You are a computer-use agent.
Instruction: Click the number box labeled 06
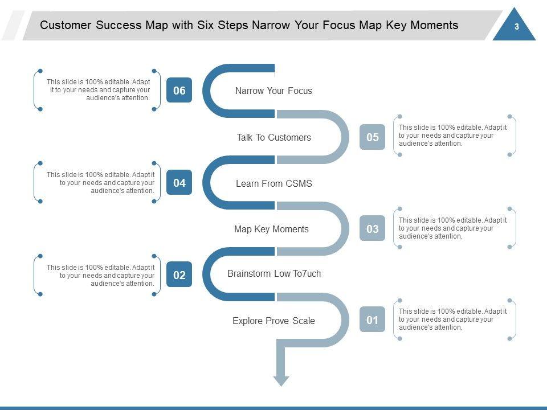pyautogui.click(x=179, y=91)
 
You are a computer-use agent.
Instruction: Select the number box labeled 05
pyautogui.click(x=372, y=137)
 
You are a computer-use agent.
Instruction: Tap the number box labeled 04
pyautogui.click(x=179, y=183)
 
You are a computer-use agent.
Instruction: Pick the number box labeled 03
pyautogui.click(x=372, y=229)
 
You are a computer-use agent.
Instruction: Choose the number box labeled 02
pyautogui.click(x=179, y=275)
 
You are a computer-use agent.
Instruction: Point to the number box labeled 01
pyautogui.click(x=372, y=320)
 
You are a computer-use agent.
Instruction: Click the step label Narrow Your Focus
pyautogui.click(x=273, y=91)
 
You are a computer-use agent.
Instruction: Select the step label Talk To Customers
pyautogui.click(x=273, y=137)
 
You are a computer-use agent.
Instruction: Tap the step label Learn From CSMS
pyautogui.click(x=273, y=183)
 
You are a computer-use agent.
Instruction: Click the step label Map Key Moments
pyautogui.click(x=271, y=229)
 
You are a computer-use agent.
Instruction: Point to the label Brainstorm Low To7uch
pyautogui.click(x=274, y=274)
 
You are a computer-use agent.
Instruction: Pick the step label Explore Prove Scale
pyautogui.click(x=273, y=321)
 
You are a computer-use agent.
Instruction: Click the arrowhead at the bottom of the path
pyautogui.click(x=281, y=380)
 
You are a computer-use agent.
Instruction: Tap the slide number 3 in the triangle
pyautogui.click(x=516, y=27)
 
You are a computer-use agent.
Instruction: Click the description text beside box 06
pyautogui.click(x=98, y=89)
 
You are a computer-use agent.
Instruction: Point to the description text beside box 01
pyautogui.click(x=452, y=319)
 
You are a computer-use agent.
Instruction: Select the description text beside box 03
pyautogui.click(x=452, y=228)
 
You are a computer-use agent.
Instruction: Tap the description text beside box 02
pyautogui.click(x=100, y=275)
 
